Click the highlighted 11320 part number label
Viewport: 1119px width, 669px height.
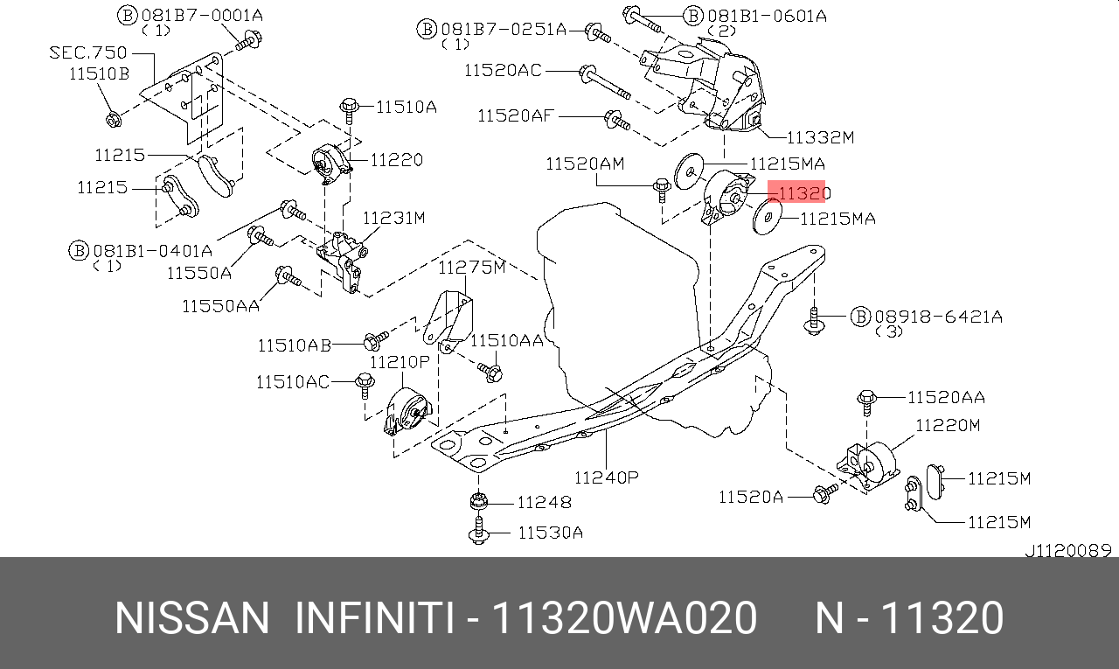797,192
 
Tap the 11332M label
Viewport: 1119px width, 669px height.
819,137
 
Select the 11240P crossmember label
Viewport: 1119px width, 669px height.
606,477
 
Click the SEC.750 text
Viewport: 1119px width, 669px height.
87,52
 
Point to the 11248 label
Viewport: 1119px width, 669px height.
544,502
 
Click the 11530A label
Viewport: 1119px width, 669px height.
550,532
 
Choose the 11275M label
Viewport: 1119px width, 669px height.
472,268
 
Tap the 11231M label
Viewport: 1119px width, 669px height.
393,217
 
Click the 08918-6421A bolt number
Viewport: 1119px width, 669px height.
938,317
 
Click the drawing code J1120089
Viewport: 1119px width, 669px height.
1067,551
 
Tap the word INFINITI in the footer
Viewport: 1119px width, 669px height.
374,618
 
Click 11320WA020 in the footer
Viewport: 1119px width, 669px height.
625,618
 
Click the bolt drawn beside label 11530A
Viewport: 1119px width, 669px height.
478,530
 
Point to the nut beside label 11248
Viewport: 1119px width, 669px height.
477,502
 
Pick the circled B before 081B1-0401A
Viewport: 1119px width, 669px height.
78,251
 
